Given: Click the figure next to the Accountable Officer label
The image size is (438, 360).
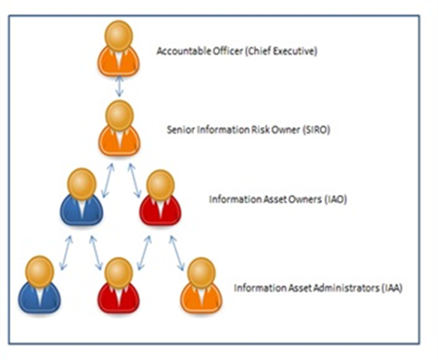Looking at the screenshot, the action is click(x=119, y=49).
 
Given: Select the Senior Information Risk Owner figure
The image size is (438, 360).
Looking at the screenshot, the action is click(x=120, y=128).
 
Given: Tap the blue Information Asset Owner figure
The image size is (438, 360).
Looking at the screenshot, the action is click(x=82, y=197).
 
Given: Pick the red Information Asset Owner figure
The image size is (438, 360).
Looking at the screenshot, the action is click(x=160, y=197).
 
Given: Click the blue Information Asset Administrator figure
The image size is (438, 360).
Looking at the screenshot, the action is click(x=40, y=284).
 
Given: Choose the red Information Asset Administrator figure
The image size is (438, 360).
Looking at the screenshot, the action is click(x=119, y=286).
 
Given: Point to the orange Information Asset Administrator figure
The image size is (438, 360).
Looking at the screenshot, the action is click(x=201, y=286).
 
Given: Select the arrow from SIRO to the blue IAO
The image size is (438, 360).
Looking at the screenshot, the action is click(x=107, y=180).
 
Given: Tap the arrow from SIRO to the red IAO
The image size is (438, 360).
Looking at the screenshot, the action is click(x=135, y=180).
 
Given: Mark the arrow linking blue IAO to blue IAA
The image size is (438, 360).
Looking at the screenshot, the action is click(x=66, y=253).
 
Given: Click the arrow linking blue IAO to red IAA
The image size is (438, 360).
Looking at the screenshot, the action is click(x=96, y=253).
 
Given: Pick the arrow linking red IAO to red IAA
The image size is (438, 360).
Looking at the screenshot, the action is click(x=144, y=253).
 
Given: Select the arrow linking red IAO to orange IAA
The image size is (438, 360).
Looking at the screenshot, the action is click(x=177, y=253).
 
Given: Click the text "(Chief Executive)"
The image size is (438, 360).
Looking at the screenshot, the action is click(x=280, y=52).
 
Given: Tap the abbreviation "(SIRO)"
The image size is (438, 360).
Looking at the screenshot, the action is click(x=316, y=130).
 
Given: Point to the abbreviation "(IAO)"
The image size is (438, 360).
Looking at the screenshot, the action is click(x=335, y=200).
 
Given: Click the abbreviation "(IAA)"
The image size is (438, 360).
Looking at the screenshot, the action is click(x=392, y=288).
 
